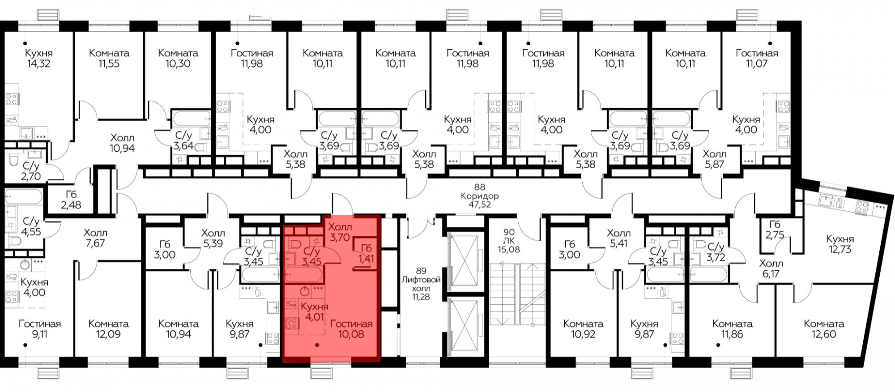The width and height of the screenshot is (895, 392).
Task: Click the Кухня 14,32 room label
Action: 38,58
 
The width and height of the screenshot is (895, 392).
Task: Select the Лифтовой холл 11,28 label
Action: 421,283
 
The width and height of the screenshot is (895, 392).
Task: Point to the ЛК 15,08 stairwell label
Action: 509,241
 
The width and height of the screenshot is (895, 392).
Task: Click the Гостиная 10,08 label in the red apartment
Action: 351,329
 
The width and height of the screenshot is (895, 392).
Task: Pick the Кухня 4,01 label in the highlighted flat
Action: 314,312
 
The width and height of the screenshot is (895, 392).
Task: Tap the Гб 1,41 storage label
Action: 366,253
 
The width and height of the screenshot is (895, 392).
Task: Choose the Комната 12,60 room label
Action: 824,329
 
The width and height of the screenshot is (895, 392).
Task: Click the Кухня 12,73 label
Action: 840,244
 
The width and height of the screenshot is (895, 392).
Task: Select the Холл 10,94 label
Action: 122,143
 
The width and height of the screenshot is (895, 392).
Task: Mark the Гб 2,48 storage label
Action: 71,200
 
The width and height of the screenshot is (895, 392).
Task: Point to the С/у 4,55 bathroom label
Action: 31,226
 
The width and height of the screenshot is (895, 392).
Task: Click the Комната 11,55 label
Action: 109,58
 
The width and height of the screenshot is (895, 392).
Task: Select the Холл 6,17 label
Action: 771,268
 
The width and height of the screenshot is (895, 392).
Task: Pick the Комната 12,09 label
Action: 109,329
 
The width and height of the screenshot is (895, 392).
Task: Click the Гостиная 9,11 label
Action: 40,329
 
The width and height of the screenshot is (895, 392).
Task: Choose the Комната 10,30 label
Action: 178,58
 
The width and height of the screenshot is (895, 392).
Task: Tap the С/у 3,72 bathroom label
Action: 716,252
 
